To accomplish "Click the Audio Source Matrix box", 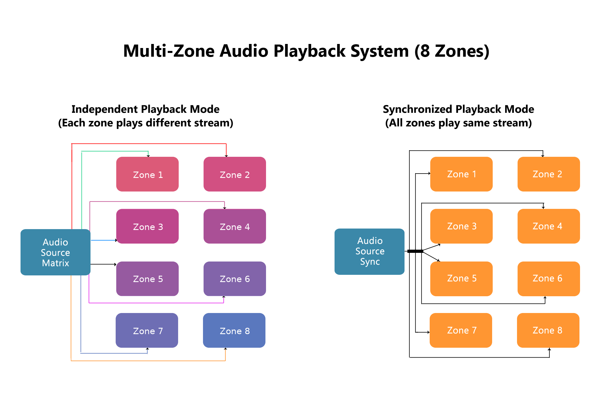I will click(55, 252).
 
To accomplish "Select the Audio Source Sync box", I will click(369, 251).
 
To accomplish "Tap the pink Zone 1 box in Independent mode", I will click(147, 174).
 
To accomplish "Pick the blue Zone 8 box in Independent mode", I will click(234, 330).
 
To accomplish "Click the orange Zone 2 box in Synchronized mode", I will click(548, 174).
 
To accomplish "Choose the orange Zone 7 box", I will click(461, 330).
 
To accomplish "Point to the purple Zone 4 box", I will click(235, 226).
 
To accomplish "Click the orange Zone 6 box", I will click(548, 278).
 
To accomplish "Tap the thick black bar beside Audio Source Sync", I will click(415, 251).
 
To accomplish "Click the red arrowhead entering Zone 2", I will click(226, 156).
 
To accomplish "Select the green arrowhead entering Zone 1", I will click(148, 156).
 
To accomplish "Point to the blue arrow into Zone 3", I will click(104, 240).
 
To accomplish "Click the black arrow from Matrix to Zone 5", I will click(104, 264).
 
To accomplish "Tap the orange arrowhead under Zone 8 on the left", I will click(225, 349).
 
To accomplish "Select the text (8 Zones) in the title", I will click(452, 51).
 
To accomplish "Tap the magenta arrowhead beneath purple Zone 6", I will click(224, 297).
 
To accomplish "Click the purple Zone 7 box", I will click(147, 330).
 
